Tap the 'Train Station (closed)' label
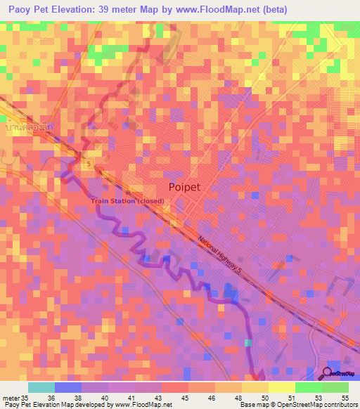127,202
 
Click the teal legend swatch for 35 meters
41,387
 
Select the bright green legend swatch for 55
335,387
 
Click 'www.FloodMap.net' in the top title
200,10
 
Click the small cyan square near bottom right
247,343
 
